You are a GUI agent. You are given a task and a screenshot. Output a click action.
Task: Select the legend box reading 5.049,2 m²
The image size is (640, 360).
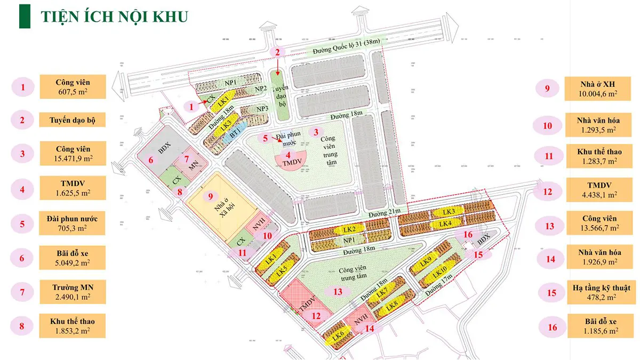pos(73,257)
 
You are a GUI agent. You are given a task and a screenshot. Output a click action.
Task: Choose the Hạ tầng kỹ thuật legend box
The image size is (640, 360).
pos(593,292)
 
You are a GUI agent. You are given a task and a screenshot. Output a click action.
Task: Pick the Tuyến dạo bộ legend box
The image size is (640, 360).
pos(73,119)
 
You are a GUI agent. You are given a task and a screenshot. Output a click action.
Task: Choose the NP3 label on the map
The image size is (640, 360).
pos(262,109)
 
